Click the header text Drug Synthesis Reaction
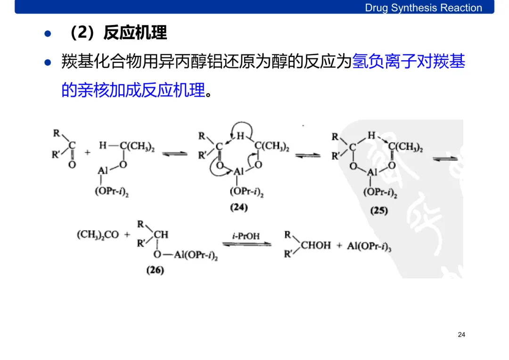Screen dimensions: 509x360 [x=423, y=8]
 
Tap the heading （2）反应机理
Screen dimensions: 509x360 [x=118, y=33]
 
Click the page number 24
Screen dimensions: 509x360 [x=461, y=335]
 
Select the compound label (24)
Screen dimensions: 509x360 [x=239, y=207]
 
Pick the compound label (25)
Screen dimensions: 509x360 [x=379, y=211]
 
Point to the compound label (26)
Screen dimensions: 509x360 [x=155, y=270]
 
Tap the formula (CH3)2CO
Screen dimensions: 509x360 [x=98, y=235]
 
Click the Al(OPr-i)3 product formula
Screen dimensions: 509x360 [x=369, y=246]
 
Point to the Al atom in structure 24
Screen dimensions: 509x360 [x=239, y=172]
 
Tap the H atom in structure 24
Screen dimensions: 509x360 [x=241, y=137]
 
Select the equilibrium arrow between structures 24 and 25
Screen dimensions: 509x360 [x=308, y=155]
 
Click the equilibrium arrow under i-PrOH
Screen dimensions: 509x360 [x=246, y=244]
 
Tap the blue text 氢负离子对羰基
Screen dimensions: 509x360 [x=409, y=62]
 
